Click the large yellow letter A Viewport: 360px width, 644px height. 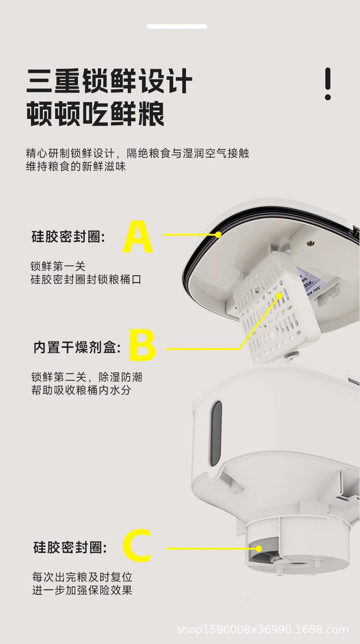(x=138, y=237)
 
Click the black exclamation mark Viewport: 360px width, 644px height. (x=328, y=84)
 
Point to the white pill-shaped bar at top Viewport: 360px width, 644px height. (x=177, y=26)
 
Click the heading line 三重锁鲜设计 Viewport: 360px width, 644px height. (x=109, y=82)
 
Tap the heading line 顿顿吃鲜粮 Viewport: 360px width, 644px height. (x=95, y=114)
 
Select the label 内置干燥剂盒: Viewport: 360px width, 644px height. (x=77, y=348)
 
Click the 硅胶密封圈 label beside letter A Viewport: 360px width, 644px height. (x=68, y=237)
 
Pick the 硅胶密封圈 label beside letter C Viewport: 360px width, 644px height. (x=70, y=547)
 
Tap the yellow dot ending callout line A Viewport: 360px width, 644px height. (x=218, y=235)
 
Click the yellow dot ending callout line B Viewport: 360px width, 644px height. (x=279, y=295)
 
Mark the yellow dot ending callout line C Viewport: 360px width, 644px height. (x=259, y=549)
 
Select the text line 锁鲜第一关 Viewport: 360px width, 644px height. (x=58, y=266)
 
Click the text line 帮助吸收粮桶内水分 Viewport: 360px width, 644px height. (x=81, y=391)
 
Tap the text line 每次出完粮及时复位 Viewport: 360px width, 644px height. (x=82, y=577)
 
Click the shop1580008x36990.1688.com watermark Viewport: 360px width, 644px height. (x=262, y=630)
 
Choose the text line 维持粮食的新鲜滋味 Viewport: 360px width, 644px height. (x=76, y=166)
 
